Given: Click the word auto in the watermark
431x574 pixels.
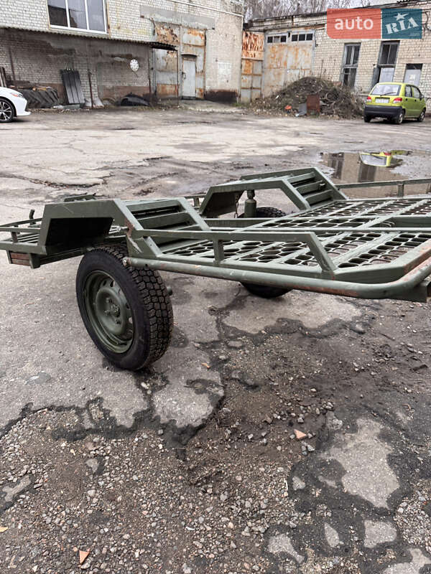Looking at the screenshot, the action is click(x=353, y=24).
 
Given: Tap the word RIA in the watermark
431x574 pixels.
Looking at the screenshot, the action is click(x=402, y=24).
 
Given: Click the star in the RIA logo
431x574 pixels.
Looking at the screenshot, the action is click(x=401, y=15).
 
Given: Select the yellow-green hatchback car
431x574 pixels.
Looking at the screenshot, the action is click(x=394, y=103).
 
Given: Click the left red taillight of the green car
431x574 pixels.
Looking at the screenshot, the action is click(x=368, y=100).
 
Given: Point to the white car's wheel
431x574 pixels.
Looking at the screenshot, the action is click(x=6, y=110).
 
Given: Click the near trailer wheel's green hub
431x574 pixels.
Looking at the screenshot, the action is click(x=108, y=311).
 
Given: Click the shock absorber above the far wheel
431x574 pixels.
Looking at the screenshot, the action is click(x=250, y=204).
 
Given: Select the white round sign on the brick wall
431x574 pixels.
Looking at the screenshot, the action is click(x=134, y=65).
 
